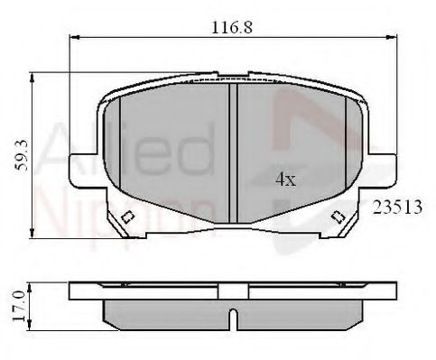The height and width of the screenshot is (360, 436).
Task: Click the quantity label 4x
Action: point(285,180)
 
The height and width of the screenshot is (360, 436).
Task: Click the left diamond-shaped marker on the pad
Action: point(127,217)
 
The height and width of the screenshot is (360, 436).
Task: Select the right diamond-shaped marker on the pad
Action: point(338,217)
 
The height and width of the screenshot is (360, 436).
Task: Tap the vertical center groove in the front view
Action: point(233,153)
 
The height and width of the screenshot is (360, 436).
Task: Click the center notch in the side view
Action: point(233,318)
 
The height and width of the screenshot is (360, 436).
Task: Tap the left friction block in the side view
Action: point(167,313)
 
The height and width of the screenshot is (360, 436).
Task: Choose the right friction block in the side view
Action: point(298,313)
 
